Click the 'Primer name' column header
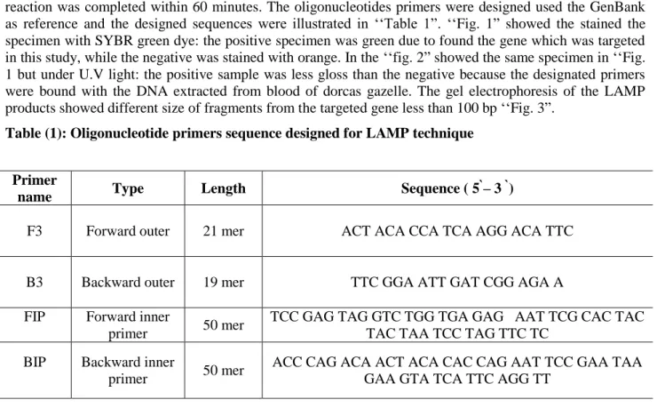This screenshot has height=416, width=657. pos(35,188)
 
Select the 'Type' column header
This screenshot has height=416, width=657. pos(128,188)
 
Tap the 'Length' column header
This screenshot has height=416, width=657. pos(224,188)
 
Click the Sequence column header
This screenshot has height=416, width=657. pos(457,188)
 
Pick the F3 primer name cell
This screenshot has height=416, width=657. pos(35,231)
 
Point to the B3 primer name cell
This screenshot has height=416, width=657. pos(35,283)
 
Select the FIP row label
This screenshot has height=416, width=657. pos(35,316)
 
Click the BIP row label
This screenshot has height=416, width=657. pos(35,362)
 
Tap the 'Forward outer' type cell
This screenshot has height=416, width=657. pos(128,231)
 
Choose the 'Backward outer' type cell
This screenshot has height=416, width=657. pos(128,283)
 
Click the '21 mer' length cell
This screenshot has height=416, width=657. pos(224,231)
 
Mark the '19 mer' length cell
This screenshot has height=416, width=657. pos(224,283)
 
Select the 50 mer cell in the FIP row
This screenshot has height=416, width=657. pos(224,325)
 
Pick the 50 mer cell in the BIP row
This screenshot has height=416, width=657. pos(224,371)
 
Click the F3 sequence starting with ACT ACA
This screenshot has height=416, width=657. pos(457,231)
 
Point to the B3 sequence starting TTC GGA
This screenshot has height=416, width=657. pos(457,283)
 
